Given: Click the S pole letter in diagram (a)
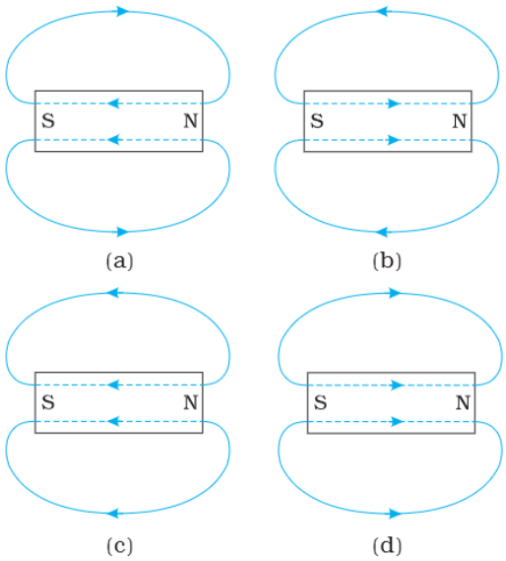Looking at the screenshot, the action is (48, 121).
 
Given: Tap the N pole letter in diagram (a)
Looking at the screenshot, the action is (190, 121).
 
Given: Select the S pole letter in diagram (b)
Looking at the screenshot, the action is (317, 121).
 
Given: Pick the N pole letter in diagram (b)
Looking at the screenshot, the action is (459, 121).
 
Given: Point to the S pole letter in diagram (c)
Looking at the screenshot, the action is (48, 402).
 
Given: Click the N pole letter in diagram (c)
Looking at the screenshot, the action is (190, 402).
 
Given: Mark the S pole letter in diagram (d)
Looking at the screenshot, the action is (321, 402).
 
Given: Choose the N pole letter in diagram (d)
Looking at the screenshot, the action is (463, 402).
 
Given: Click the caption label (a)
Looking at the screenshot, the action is (120, 261).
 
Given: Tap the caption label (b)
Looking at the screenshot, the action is (387, 261).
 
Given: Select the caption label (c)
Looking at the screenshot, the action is (120, 546).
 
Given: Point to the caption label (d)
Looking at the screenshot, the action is (387, 546).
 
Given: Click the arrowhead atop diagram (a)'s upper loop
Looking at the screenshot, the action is (123, 12).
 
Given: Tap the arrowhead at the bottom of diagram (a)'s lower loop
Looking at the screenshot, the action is (123, 232).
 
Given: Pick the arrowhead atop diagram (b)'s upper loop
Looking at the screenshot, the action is (382, 12).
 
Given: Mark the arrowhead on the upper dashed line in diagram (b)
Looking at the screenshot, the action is (395, 104).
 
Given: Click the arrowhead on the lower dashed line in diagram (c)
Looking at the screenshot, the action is (113, 421).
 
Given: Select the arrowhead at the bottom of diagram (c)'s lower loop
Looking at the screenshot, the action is (113, 514).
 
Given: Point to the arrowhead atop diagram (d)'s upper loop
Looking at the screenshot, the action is (395, 294).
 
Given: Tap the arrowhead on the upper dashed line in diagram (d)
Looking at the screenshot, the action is (398, 386).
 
